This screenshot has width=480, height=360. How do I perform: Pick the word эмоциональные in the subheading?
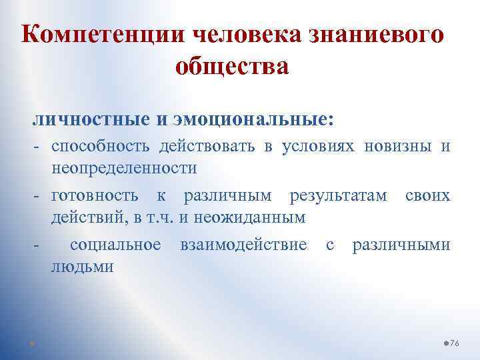click(x=251, y=120)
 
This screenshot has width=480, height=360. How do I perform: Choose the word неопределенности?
click(x=123, y=168)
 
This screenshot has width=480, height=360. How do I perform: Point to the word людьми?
click(x=82, y=267)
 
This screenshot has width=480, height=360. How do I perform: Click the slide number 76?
click(x=455, y=342)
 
